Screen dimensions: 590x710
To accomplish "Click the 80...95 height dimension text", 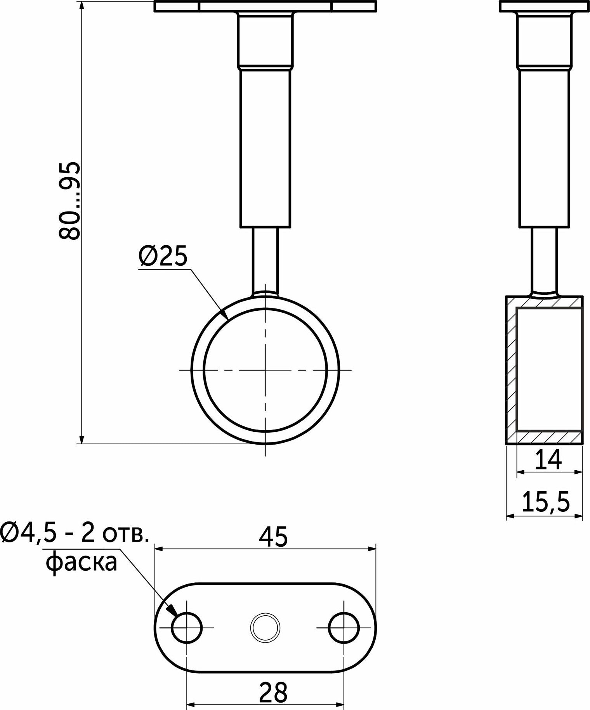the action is pyautogui.click(x=69, y=201).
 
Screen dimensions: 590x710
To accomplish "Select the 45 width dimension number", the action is pyautogui.click(x=274, y=537).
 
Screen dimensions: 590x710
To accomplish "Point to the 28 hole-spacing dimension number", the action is pyautogui.click(x=274, y=691).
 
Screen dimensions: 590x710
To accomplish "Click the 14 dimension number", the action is pyautogui.click(x=548, y=460).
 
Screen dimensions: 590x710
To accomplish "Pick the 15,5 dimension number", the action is pyautogui.click(x=546, y=502).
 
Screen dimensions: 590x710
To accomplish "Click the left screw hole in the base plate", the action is pyautogui.click(x=187, y=627).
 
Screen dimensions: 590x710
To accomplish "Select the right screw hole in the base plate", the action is pyautogui.click(x=344, y=627).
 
